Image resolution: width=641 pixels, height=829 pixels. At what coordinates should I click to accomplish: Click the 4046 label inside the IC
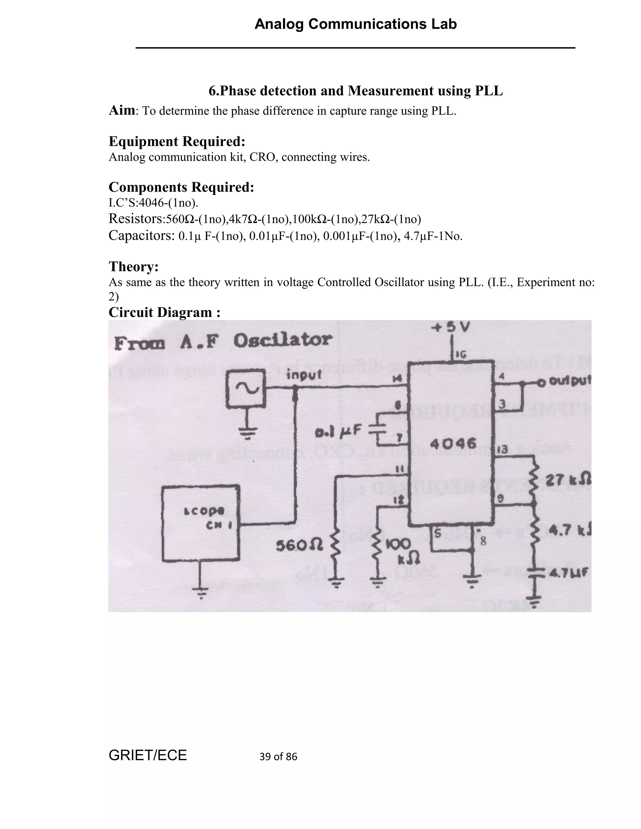click(453, 443)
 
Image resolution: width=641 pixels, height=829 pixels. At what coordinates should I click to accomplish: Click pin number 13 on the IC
click(502, 450)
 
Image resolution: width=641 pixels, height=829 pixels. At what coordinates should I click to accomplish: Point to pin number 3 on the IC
click(502, 404)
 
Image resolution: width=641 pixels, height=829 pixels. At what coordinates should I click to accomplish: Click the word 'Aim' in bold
click(122, 110)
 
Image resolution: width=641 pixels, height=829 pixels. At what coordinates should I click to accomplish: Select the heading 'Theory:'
click(134, 267)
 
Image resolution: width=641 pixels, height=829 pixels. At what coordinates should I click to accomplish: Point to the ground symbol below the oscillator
click(248, 432)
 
